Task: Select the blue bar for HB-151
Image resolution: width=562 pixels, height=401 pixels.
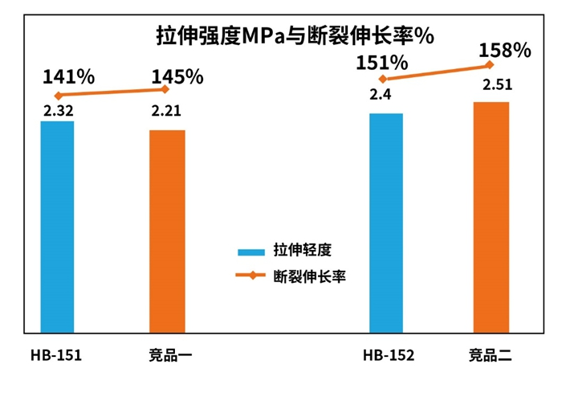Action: pyautogui.click(x=57, y=227)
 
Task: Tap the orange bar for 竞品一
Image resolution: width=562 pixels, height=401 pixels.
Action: pyautogui.click(x=167, y=231)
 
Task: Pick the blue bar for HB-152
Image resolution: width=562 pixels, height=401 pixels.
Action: pyautogui.click(x=385, y=223)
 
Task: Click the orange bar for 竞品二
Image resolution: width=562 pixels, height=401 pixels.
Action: pyautogui.click(x=491, y=217)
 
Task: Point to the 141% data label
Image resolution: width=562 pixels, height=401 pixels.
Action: pyautogui.click(x=69, y=77)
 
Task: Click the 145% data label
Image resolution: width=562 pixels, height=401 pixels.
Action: pyautogui.click(x=177, y=77)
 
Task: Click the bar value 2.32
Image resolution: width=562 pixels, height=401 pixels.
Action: pyautogui.click(x=58, y=110)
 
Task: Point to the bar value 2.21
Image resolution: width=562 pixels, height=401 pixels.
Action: pyautogui.click(x=167, y=110)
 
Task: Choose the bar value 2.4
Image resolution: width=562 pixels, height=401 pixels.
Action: pyautogui.click(x=381, y=95)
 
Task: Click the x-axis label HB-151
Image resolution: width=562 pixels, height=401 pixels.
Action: pyautogui.click(x=56, y=354)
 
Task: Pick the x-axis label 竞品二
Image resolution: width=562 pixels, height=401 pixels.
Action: pyautogui.click(x=491, y=354)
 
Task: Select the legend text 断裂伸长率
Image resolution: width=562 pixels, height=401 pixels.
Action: pyautogui.click(x=309, y=276)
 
